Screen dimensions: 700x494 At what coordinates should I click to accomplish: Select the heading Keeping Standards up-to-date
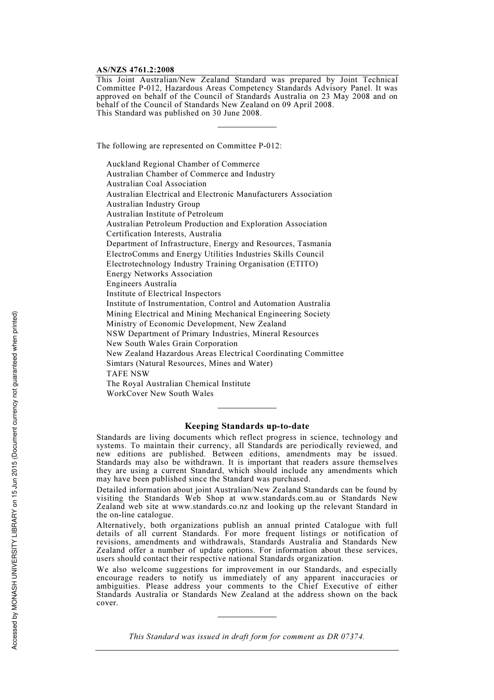(x=247, y=426)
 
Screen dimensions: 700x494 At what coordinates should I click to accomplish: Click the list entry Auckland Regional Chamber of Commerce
(x=183, y=164)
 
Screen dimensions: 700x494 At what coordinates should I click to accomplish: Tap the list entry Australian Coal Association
(x=157, y=184)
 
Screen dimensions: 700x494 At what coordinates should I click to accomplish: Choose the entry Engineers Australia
(x=141, y=284)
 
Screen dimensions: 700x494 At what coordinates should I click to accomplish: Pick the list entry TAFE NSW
(x=128, y=374)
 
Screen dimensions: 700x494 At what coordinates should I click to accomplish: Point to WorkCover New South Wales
(x=160, y=393)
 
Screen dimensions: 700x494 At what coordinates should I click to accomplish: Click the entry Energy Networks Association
(x=160, y=274)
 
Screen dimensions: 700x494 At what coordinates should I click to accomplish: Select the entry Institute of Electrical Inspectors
(x=164, y=294)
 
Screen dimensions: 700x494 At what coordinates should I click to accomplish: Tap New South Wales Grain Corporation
(x=172, y=343)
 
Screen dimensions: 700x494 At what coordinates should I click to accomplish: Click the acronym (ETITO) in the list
(x=302, y=264)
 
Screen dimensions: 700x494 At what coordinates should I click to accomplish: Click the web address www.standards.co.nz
(x=210, y=506)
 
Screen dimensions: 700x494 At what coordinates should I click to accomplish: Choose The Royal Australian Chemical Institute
(x=178, y=384)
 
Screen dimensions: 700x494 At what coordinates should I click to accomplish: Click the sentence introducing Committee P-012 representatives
(x=189, y=146)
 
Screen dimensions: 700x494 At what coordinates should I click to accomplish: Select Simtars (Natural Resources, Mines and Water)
(x=189, y=363)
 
